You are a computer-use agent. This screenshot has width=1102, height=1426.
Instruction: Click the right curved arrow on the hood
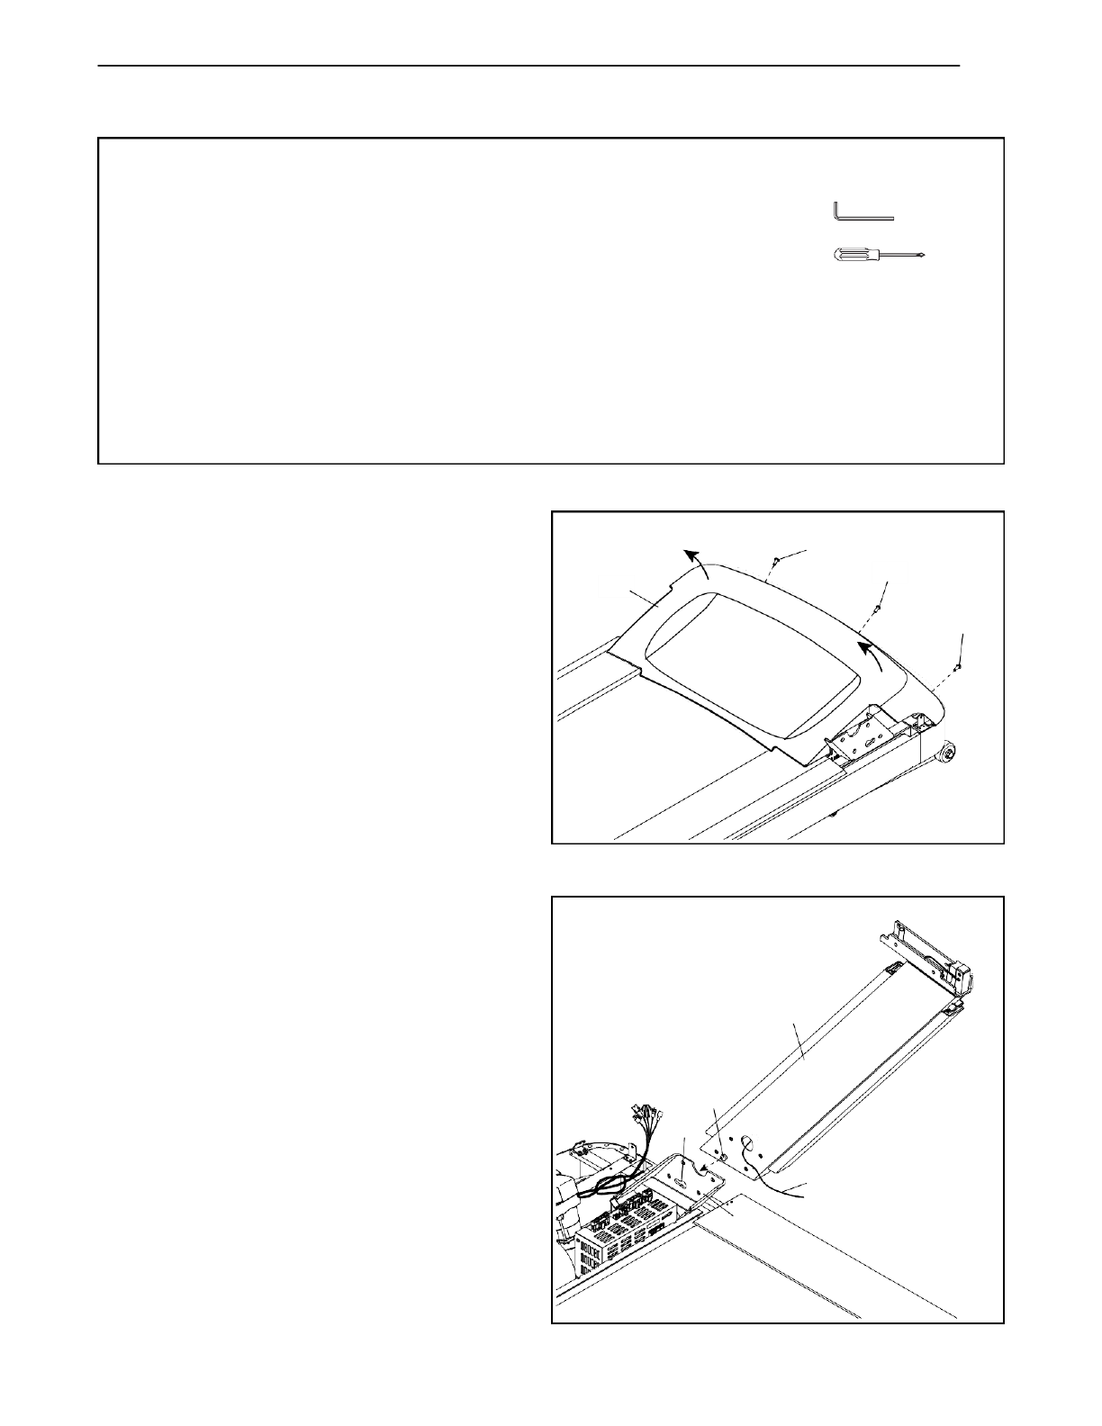click(x=871, y=655)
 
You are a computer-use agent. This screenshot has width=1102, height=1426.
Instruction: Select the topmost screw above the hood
click(x=774, y=565)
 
